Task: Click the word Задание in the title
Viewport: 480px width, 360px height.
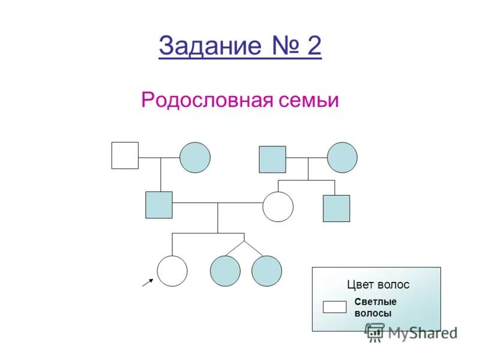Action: (203, 47)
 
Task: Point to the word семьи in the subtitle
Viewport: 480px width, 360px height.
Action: (308, 100)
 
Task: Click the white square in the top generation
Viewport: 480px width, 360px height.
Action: (125, 155)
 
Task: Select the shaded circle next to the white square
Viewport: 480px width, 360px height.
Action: (195, 157)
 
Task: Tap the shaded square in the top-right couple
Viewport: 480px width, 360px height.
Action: (272, 159)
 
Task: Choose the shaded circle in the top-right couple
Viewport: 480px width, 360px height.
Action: (342, 157)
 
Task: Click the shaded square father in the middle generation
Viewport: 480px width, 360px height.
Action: (159, 205)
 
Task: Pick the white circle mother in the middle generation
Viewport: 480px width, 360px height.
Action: (278, 207)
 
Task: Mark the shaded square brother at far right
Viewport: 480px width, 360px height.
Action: (336, 208)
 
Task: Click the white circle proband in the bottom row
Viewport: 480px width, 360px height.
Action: (172, 271)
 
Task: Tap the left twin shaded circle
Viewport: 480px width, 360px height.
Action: (225, 271)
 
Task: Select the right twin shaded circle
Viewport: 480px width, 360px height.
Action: (266, 271)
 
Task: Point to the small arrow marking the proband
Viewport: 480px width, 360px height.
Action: (148, 282)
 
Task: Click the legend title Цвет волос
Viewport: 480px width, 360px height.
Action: (378, 285)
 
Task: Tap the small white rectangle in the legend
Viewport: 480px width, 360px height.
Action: (335, 307)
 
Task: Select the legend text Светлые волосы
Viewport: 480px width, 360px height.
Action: (375, 307)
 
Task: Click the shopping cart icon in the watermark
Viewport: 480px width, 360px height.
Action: (375, 332)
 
